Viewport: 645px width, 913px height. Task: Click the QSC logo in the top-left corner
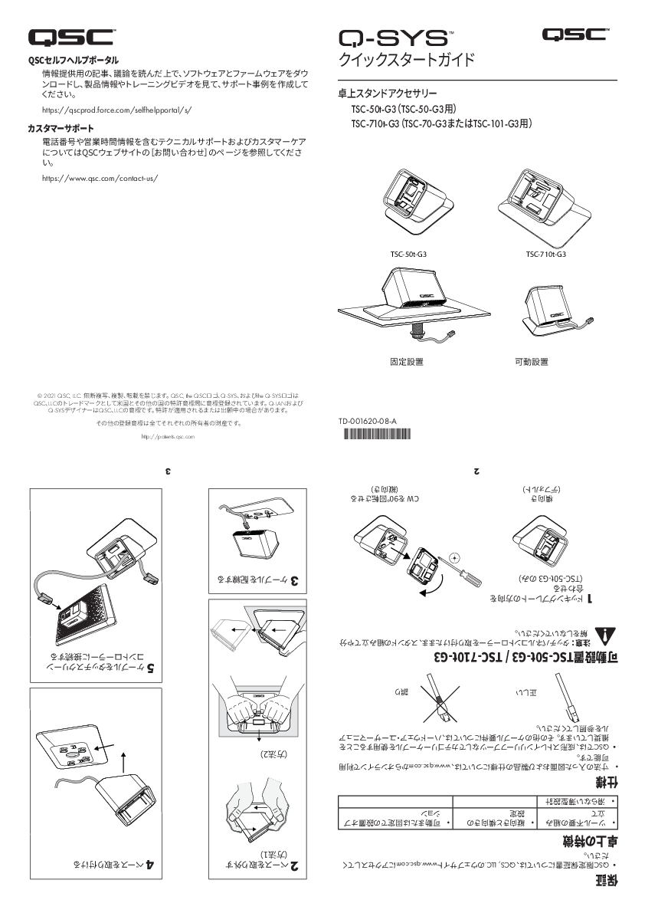click(72, 36)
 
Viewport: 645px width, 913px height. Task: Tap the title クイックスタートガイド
click(407, 61)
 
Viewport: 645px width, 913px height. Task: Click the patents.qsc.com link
click(169, 436)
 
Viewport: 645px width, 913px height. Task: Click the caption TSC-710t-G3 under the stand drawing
click(545, 254)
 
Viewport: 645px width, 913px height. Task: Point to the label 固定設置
click(407, 361)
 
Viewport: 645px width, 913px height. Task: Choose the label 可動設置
click(531, 361)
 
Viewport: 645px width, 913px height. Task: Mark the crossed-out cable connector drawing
click(439, 701)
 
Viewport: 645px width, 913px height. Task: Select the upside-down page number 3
click(169, 471)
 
